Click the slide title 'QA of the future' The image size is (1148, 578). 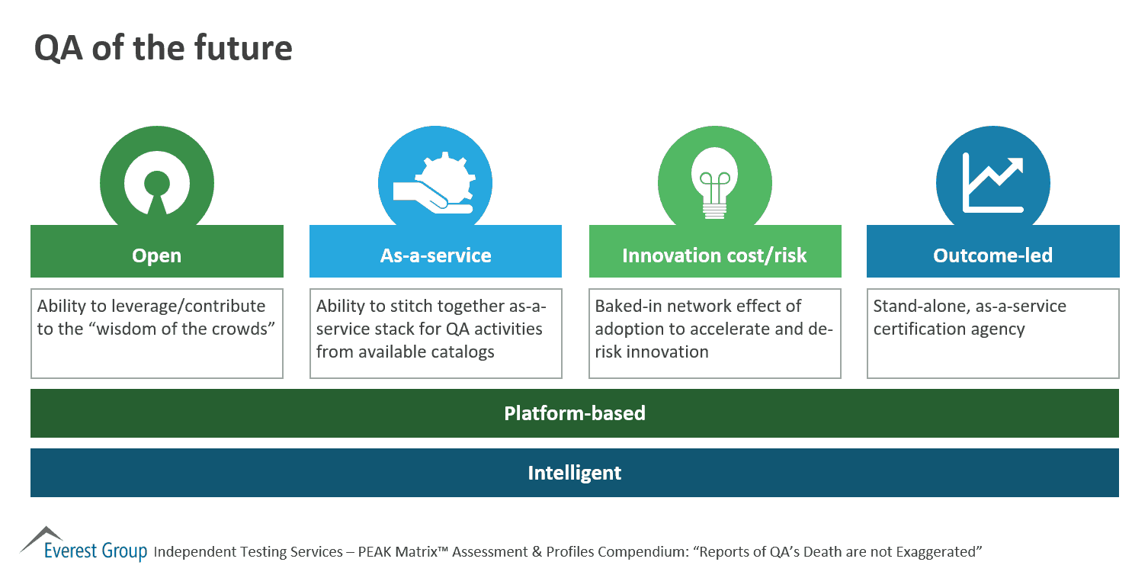[163, 48]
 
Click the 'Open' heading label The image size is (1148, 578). [157, 255]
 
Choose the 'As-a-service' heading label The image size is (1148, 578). [435, 255]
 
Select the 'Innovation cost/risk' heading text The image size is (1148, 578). [714, 255]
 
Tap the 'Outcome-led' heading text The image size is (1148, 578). [992, 255]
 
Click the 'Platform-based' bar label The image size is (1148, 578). [575, 413]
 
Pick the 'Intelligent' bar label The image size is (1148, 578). [575, 473]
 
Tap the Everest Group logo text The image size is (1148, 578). [95, 551]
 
